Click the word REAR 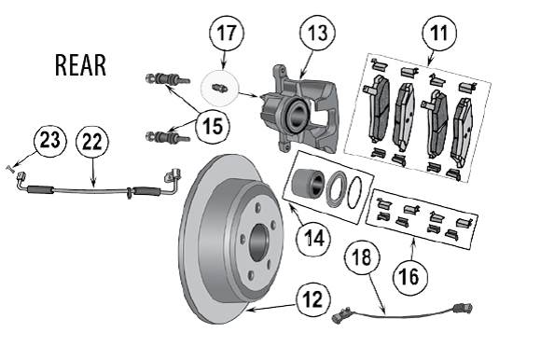(80, 65)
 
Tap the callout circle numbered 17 (227, 34)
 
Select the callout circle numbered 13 (318, 33)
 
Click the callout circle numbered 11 (439, 34)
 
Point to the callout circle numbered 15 (212, 125)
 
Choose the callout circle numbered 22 (91, 142)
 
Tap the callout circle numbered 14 (313, 239)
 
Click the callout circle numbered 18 (362, 257)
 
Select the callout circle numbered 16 (409, 277)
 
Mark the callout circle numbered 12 (313, 299)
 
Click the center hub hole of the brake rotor (258, 242)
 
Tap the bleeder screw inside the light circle (219, 88)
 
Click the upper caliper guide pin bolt (168, 79)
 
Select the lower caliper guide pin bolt (168, 136)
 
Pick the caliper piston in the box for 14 (308, 182)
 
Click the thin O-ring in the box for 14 (355, 193)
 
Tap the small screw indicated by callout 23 (9, 168)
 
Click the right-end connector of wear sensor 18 (464, 308)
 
